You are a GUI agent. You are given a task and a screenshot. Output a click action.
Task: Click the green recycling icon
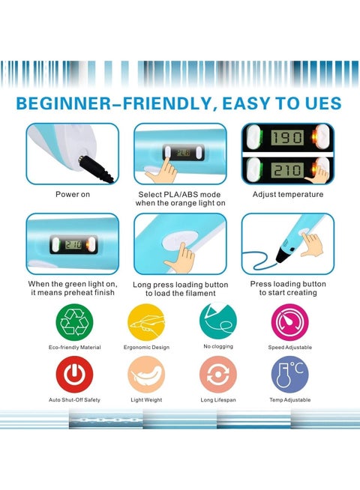[x=74, y=322]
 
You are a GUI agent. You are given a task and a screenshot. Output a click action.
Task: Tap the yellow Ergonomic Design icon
[x=146, y=322]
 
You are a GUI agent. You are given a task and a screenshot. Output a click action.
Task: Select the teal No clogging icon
[x=218, y=321]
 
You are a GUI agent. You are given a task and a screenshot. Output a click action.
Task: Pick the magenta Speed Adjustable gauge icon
[x=290, y=322]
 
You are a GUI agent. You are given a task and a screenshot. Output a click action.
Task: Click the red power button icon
[x=74, y=375]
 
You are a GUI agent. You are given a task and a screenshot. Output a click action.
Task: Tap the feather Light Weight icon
[x=146, y=375]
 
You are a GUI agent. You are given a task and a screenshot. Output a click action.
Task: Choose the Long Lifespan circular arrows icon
[x=218, y=375]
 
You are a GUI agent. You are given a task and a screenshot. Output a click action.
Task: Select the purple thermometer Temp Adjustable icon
[x=290, y=375]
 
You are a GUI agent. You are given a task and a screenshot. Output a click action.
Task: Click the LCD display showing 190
[x=287, y=138]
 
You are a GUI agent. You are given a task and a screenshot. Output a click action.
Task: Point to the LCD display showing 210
[x=287, y=170]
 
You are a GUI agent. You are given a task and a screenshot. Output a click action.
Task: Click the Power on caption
[x=73, y=194]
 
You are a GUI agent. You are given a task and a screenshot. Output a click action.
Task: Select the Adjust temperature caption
[x=288, y=194]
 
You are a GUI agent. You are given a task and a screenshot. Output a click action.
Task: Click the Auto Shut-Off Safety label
[x=74, y=399]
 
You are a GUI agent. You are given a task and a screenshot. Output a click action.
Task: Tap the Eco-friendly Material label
[x=74, y=347]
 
